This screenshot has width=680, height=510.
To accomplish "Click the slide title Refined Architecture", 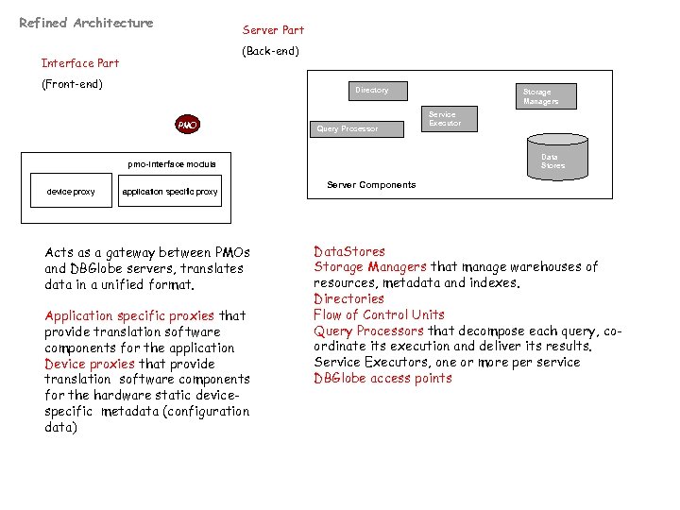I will [x=86, y=23].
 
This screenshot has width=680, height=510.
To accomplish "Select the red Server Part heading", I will [x=273, y=30].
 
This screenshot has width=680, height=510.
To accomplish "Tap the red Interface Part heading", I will [x=80, y=63].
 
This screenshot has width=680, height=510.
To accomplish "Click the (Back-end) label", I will [x=271, y=51].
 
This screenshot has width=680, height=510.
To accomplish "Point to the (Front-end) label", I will [x=71, y=84].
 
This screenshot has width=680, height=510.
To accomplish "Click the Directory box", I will [x=372, y=91].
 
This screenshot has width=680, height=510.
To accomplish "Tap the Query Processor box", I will [x=348, y=128].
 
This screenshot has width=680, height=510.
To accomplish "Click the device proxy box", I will [x=71, y=192].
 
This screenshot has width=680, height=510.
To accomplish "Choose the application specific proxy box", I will [x=170, y=192].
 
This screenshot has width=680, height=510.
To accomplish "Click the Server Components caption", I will [x=371, y=185].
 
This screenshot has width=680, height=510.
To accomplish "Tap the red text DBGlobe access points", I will [x=382, y=379].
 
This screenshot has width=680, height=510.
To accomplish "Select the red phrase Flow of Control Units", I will [x=379, y=314].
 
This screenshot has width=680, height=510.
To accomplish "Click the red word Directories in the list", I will [x=348, y=298].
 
